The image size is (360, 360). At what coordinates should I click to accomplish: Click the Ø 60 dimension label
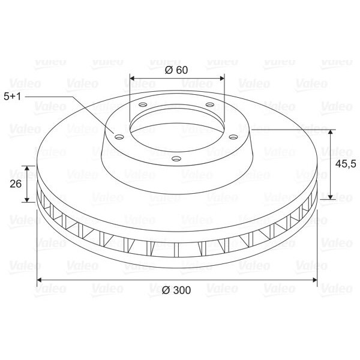pos(176,70)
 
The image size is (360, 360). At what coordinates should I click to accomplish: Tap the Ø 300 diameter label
pos(176,290)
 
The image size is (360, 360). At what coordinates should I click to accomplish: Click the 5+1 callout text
pos(13,97)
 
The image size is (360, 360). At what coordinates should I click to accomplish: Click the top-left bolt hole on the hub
pos(143,104)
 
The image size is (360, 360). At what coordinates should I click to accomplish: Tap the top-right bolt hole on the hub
pos(210,104)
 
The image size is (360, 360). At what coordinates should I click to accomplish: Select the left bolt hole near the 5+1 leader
pos(119,137)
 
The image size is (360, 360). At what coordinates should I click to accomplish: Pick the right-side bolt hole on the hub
pos(233,137)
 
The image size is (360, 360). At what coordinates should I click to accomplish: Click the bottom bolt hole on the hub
pos(176,158)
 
